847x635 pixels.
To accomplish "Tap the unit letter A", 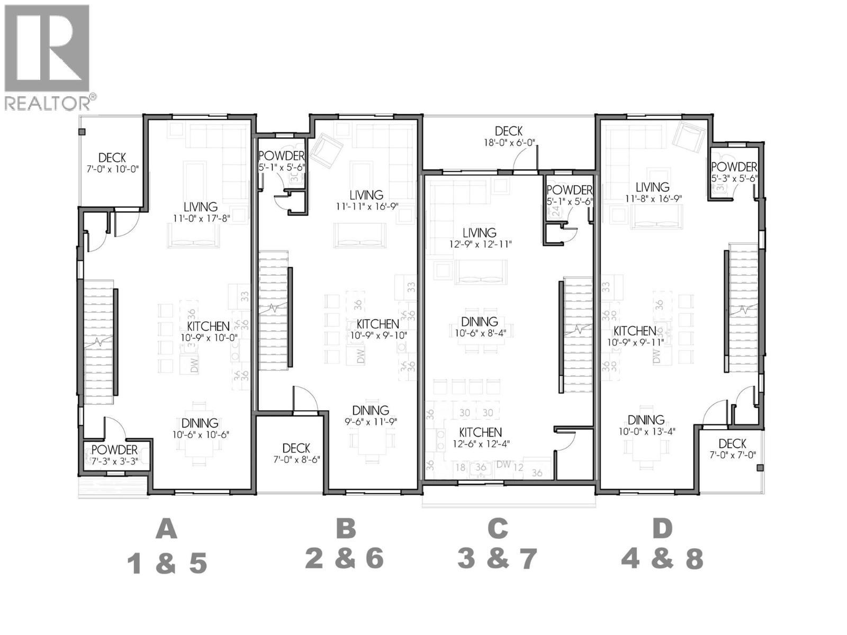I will pos(166,529).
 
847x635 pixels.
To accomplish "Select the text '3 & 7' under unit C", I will pos(497,559).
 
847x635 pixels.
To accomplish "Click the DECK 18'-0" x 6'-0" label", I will pos(509,136).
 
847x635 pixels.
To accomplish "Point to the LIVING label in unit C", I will pos(479,233).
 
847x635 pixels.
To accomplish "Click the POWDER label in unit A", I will pos(114,450).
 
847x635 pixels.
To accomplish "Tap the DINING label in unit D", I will pos(645,420).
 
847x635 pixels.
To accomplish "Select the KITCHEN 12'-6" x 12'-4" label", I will pos(480,438).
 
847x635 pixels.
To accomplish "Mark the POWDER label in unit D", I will pos(734,168).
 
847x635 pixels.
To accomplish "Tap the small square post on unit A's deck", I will pos(82,132).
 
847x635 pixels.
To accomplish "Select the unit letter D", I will pos(662,529).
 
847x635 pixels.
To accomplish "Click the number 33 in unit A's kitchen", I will pos(245,296).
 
